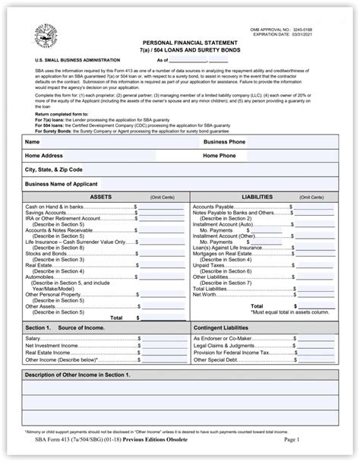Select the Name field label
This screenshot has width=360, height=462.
click(x=33, y=142)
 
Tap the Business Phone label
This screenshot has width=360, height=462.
click(x=224, y=142)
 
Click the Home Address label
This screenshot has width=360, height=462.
click(x=43, y=156)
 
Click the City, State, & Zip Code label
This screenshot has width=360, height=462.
click(x=54, y=169)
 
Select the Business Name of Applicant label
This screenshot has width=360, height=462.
click(x=62, y=184)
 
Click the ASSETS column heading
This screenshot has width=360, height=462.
click(x=102, y=197)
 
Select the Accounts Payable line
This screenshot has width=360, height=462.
click(x=214, y=207)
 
